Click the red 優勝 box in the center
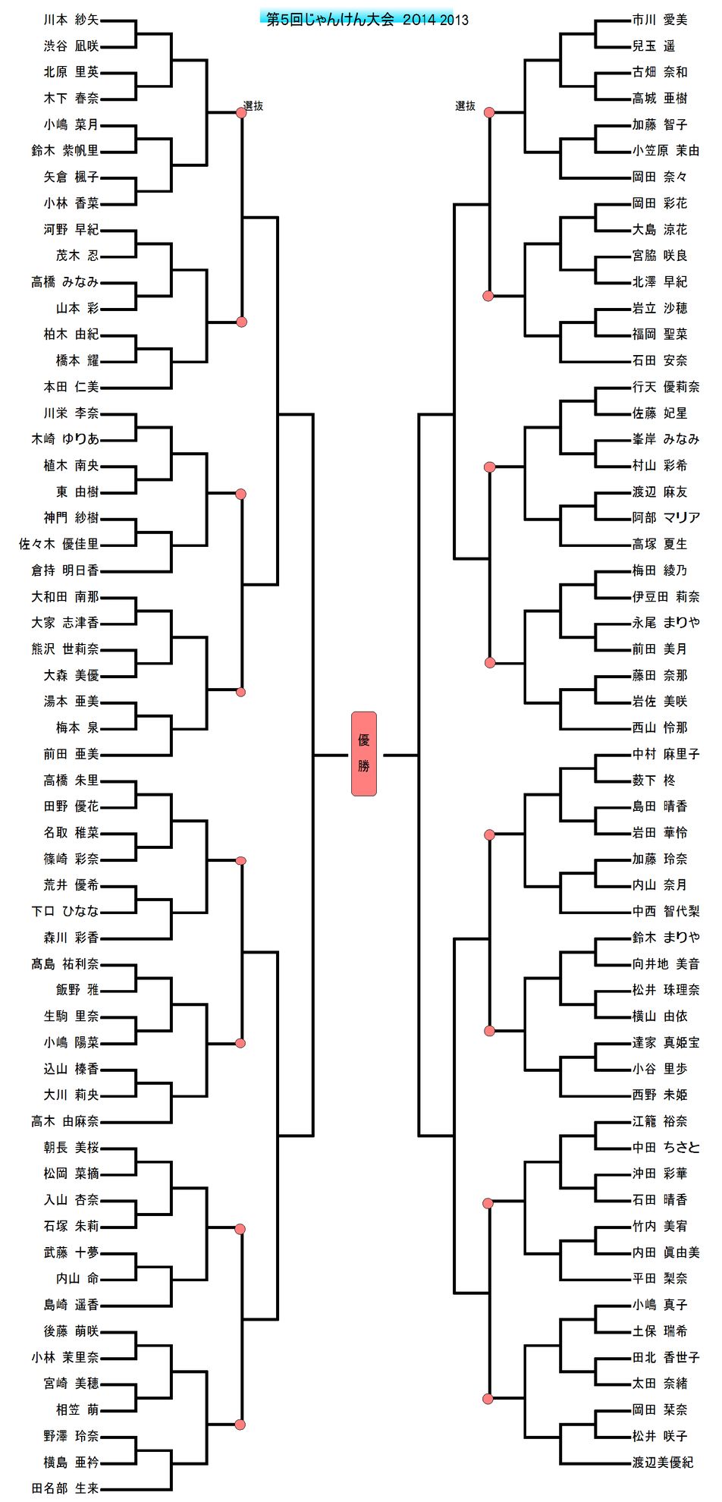tap(363, 753)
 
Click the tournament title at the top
tap(366, 20)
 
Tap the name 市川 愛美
tap(660, 20)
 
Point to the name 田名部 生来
tap(64, 1488)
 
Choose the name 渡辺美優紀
tap(662, 1462)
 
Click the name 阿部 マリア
tap(666, 517)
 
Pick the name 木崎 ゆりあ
tap(64, 438)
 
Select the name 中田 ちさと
tap(666, 1147)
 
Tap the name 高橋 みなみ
tap(64, 281)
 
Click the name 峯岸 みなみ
tap(666, 438)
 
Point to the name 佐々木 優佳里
tap(58, 544)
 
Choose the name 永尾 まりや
tap(666, 622)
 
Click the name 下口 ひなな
tap(64, 911)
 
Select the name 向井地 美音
tap(666, 963)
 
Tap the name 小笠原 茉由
tap(666, 150)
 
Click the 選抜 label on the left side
tap(253, 106)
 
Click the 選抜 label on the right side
tap(465, 106)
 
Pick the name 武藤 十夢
tap(71, 1252)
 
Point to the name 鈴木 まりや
tap(666, 937)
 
